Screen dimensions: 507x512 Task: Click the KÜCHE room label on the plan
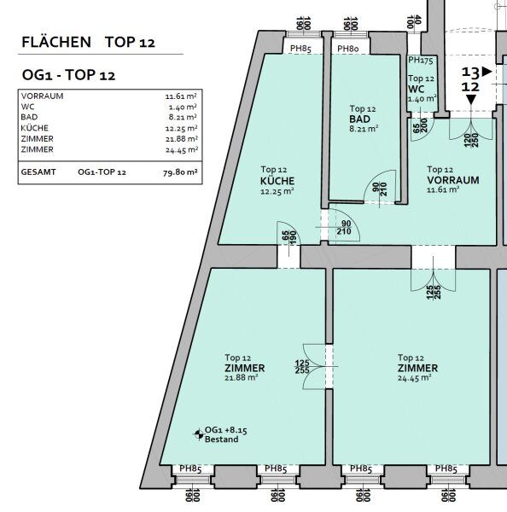click(277, 181)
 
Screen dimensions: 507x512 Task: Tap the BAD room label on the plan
click(359, 119)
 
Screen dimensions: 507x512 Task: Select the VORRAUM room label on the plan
click(453, 180)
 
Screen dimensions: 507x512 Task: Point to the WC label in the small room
click(416, 89)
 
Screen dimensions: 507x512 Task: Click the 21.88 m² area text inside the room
click(242, 378)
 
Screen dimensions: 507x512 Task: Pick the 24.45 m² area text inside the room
click(415, 378)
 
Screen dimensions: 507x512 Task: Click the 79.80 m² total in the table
click(180, 172)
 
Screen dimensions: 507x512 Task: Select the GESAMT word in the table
click(38, 172)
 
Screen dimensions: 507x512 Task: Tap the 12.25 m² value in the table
click(181, 128)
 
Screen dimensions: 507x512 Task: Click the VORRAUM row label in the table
click(42, 96)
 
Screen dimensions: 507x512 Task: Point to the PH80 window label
click(348, 49)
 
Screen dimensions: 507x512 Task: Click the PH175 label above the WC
click(421, 60)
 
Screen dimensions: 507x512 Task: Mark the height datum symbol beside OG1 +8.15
click(198, 434)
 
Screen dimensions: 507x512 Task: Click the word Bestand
click(221, 439)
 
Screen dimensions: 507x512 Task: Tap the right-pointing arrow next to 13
click(487, 72)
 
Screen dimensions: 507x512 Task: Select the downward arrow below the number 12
click(471, 100)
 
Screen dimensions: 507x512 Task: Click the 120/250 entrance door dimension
click(471, 140)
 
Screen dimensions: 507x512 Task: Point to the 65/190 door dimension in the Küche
click(288, 237)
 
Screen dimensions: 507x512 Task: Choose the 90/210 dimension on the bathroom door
click(380, 189)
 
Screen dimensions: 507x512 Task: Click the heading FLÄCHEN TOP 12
click(88, 42)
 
